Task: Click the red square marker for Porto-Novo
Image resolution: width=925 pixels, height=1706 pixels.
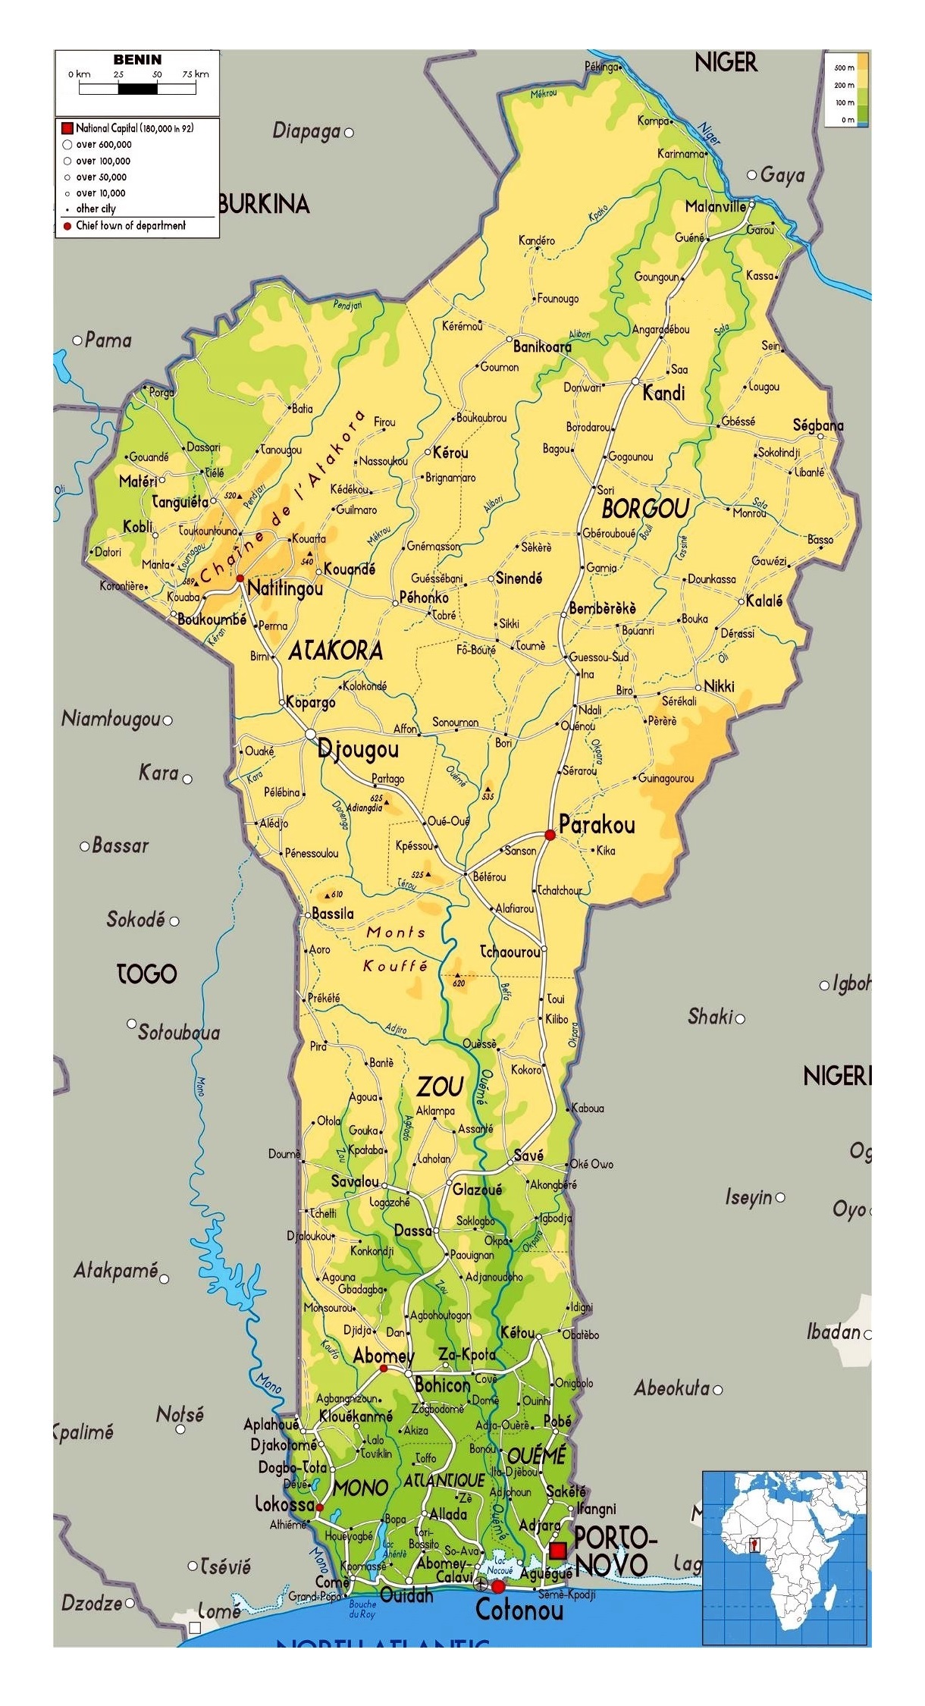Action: point(558,1550)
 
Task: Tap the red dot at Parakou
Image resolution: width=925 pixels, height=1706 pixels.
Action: point(550,834)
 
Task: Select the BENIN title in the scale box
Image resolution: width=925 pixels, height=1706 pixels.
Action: point(137,60)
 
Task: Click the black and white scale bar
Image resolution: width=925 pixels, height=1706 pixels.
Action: point(137,89)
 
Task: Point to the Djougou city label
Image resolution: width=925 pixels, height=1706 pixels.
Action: point(358,750)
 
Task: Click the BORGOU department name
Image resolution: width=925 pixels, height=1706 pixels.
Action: point(644,509)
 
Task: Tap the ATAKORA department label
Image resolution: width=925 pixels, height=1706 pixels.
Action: point(335,651)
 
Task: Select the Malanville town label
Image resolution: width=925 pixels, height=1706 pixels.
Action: point(715,206)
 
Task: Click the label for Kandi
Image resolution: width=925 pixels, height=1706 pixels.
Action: point(663,393)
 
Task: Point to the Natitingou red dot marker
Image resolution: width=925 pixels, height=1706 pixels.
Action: point(240,579)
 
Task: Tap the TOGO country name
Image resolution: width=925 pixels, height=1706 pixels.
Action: point(146,974)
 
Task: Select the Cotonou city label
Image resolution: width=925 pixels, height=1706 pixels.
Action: point(519,1610)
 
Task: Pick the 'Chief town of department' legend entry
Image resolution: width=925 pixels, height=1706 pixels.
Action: point(130,226)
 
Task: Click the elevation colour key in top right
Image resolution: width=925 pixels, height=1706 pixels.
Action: point(847,89)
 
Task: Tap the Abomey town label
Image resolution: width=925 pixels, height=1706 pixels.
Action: point(384,1356)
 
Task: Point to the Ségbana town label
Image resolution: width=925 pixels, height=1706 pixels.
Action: point(818,425)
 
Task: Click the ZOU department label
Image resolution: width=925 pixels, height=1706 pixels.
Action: point(441,1088)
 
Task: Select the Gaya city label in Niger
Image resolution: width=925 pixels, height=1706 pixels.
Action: point(782,175)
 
